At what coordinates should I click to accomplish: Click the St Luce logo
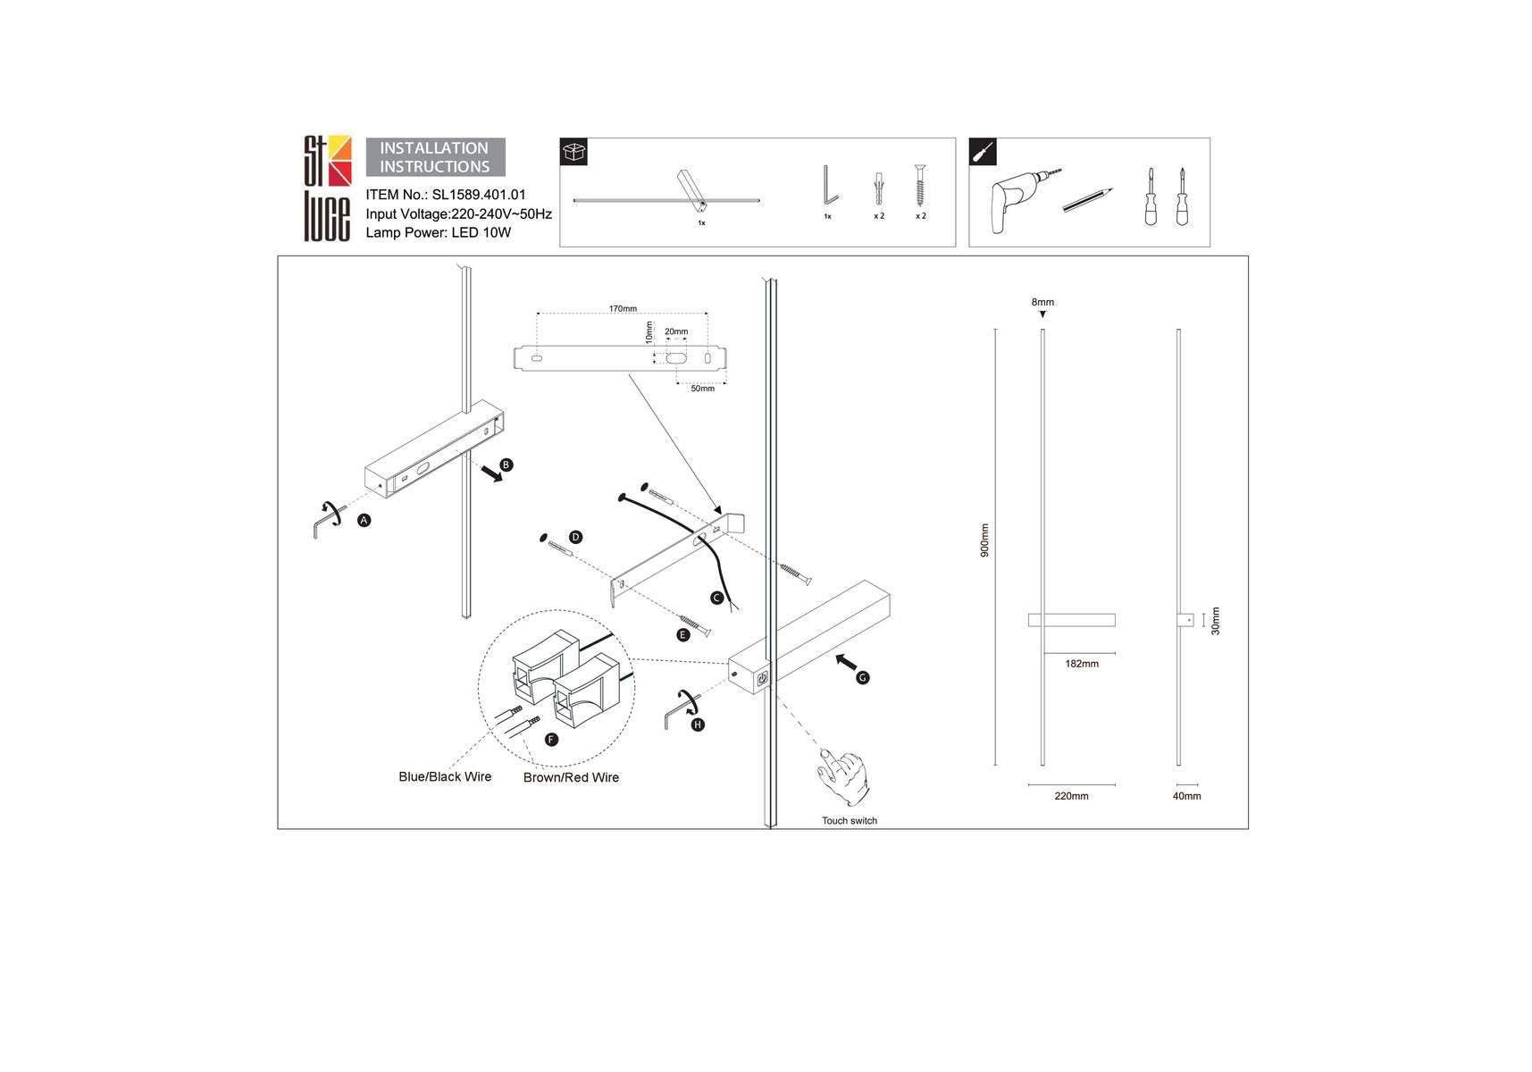[327, 188]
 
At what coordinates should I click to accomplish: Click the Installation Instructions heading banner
[435, 157]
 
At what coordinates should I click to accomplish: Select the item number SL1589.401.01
[479, 195]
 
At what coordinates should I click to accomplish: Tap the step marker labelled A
[364, 520]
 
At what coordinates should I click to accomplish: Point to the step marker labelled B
[506, 465]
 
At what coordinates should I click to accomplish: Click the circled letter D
[575, 537]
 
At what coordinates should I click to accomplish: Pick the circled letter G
[862, 678]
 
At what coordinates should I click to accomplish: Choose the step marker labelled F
[551, 740]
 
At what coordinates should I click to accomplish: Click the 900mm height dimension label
[984, 540]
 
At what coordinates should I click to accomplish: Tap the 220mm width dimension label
[1071, 796]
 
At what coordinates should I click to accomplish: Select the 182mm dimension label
[1082, 664]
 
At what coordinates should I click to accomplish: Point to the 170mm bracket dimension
[623, 309]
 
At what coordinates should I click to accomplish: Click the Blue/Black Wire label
[445, 777]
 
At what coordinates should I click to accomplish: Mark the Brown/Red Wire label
[571, 778]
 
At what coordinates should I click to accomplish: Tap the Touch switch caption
[850, 821]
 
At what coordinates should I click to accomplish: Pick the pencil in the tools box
[1087, 199]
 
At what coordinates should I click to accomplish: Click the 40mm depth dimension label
[1186, 796]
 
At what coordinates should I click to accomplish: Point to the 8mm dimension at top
[1042, 302]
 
